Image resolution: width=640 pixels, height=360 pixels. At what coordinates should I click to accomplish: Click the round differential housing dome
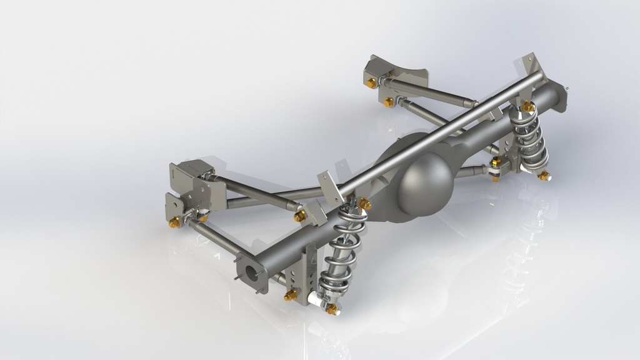tap(425, 182)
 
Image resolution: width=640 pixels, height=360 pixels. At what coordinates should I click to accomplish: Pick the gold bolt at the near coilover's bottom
tap(332, 309)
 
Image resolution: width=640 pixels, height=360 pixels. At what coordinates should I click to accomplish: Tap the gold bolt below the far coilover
tap(544, 176)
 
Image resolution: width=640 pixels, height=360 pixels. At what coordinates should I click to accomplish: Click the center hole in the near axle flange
tap(252, 274)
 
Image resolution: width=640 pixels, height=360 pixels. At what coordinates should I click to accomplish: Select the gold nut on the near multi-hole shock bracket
tap(291, 294)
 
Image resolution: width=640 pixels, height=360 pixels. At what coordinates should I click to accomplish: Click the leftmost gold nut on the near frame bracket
tap(174, 222)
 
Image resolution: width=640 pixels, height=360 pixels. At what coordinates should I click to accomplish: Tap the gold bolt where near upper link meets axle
tap(301, 216)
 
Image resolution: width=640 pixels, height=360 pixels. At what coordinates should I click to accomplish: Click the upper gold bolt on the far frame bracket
tap(372, 82)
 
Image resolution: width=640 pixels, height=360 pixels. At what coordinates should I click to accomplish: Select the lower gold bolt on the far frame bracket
tap(389, 102)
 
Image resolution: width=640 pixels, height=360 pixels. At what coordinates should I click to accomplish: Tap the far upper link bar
tap(431, 93)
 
